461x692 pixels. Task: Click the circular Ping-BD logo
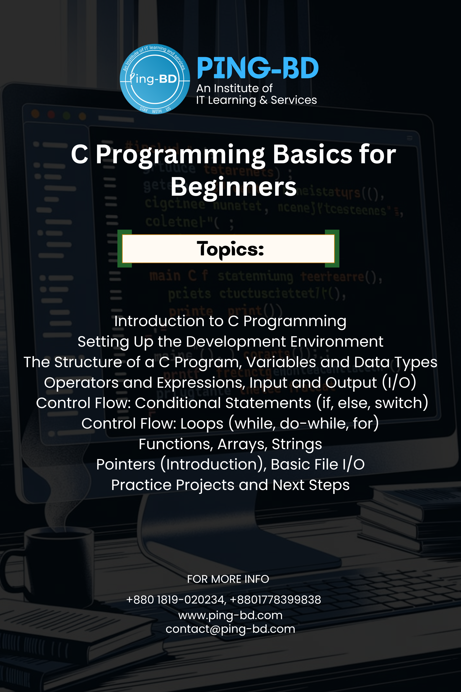[x=155, y=79]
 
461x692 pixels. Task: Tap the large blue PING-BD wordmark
[x=258, y=68]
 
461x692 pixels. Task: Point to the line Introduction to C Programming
[x=230, y=321]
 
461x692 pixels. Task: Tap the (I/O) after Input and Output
[x=399, y=383]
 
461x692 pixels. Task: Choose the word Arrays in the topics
[x=242, y=444]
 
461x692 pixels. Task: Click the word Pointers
[x=126, y=465]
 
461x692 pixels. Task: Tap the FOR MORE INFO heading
[x=228, y=579]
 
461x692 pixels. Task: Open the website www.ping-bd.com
[x=230, y=615]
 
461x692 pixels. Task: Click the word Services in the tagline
[x=294, y=100]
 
